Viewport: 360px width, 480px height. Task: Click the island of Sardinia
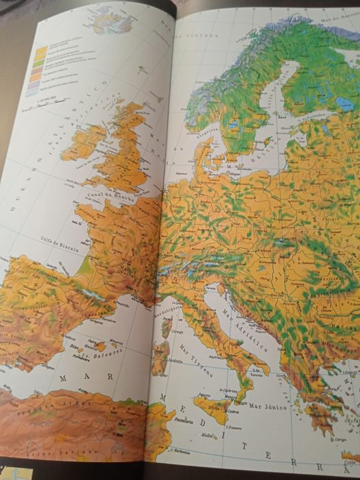tap(160, 359)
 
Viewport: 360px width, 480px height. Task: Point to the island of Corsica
tap(165, 328)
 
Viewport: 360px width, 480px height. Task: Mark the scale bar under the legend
tap(51, 101)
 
